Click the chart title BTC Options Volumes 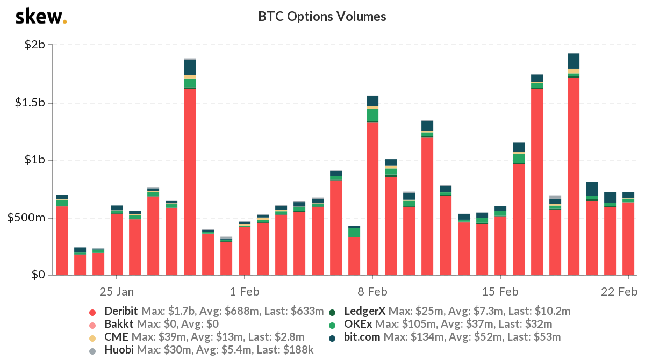click(x=322, y=17)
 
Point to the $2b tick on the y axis click(x=34, y=45)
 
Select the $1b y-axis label click(x=34, y=161)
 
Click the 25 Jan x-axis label click(x=117, y=292)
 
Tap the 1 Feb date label click(x=245, y=292)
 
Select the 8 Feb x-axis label click(x=372, y=292)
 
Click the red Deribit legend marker click(x=92, y=312)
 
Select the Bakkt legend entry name click(x=119, y=325)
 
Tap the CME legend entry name click(x=117, y=337)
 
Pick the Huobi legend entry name click(x=119, y=350)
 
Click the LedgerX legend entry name click(x=365, y=312)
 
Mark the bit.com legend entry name click(x=362, y=337)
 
